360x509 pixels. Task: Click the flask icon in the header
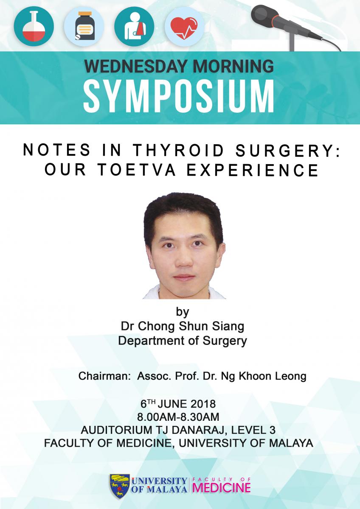[34, 26]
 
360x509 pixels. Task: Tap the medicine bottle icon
[84, 26]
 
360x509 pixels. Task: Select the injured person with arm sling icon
[134, 26]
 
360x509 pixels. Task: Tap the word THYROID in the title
[178, 150]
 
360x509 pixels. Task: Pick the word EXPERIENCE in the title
[253, 170]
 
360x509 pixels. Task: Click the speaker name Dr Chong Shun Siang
[183, 327]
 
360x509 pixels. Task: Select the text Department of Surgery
[183, 341]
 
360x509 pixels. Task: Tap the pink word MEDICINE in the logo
[221, 487]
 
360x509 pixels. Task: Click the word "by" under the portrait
[183, 313]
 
